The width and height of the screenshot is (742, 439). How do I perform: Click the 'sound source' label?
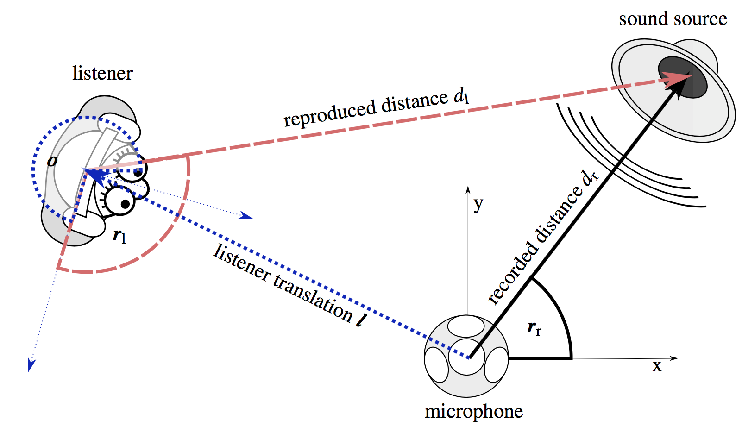point(673,19)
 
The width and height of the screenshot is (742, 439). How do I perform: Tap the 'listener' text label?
point(102,74)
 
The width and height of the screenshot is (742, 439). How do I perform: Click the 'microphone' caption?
point(473,412)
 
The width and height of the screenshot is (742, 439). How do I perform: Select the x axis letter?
point(657,367)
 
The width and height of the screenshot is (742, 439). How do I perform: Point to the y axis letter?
point(478,203)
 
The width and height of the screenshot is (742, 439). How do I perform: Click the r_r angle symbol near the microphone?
point(534,328)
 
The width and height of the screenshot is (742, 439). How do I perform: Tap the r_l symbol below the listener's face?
point(119,236)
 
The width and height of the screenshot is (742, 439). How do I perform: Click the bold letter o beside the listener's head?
point(52,161)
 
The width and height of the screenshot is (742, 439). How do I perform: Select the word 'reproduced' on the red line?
point(329,113)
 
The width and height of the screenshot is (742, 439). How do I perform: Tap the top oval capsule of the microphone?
point(466,326)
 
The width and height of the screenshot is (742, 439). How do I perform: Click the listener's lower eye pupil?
point(125,203)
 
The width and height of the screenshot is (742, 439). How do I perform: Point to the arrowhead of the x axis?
point(674,358)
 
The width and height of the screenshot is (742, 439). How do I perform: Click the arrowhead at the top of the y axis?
point(468,189)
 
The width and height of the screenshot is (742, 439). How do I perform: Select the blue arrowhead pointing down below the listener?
point(31,365)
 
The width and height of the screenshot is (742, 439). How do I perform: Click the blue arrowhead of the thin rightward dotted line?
point(247,216)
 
